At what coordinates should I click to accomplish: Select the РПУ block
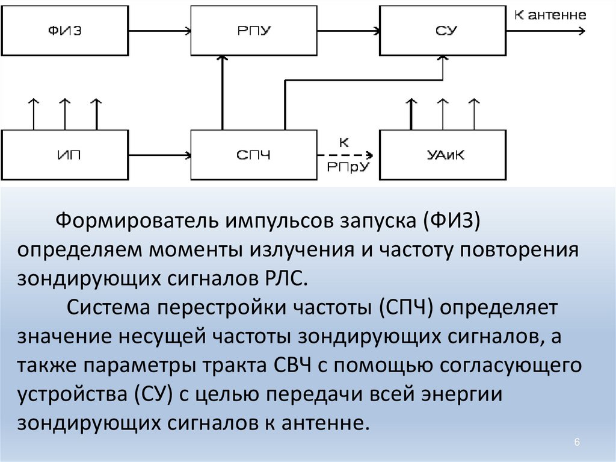click(x=253, y=31)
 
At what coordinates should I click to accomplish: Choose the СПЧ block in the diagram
click(x=253, y=155)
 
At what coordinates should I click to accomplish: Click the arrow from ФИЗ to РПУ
click(x=159, y=31)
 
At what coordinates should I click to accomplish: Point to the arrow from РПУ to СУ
click(x=347, y=31)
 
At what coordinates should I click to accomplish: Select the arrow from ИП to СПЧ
click(x=159, y=155)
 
